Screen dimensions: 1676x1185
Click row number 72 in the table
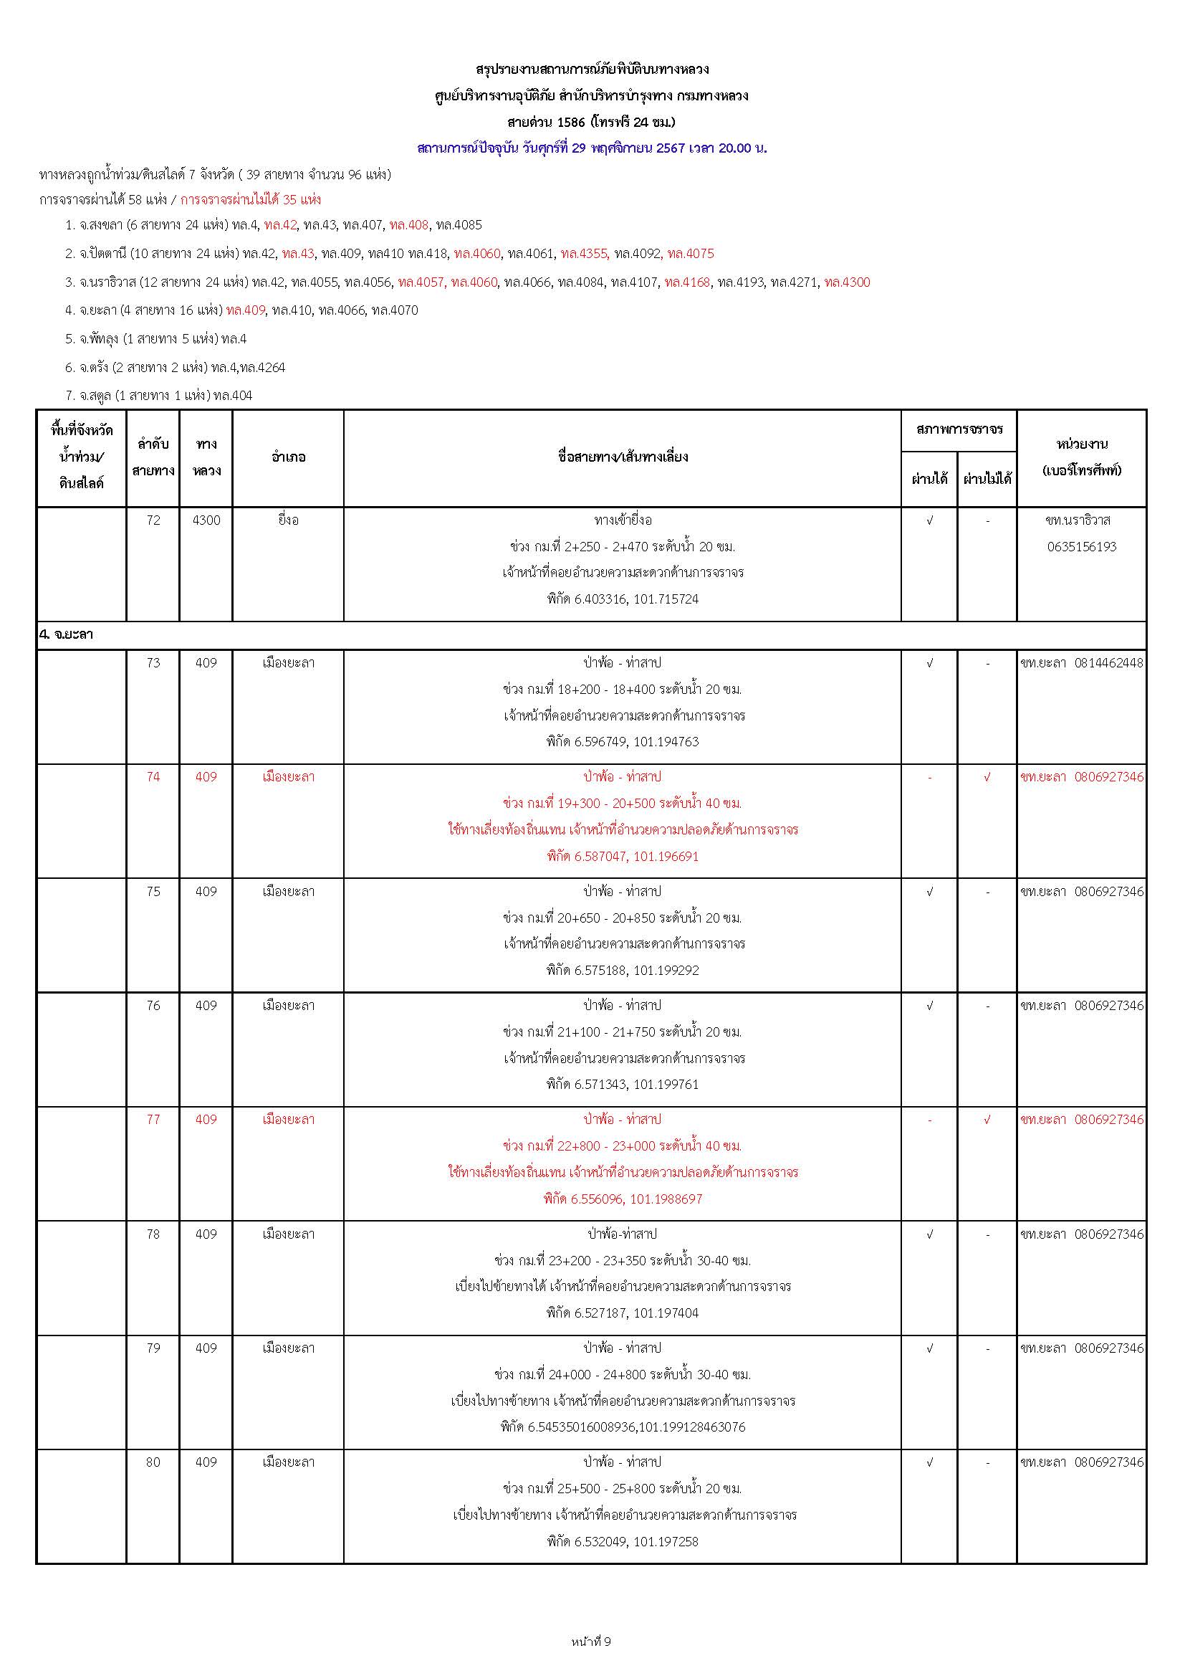[153, 520]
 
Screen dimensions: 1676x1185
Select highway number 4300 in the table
[206, 520]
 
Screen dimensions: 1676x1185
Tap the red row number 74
[153, 776]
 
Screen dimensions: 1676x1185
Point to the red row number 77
[153, 1119]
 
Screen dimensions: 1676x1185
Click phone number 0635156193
[1081, 547]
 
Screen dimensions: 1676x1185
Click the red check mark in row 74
[987, 776]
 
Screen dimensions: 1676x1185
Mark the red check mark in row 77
[987, 1119]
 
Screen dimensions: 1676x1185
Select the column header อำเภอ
[288, 457]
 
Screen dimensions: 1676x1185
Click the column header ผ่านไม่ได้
[987, 480]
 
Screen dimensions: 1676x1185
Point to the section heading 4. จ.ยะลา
[67, 635]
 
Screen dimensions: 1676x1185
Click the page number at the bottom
[592, 1642]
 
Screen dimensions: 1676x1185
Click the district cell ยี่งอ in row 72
[288, 520]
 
